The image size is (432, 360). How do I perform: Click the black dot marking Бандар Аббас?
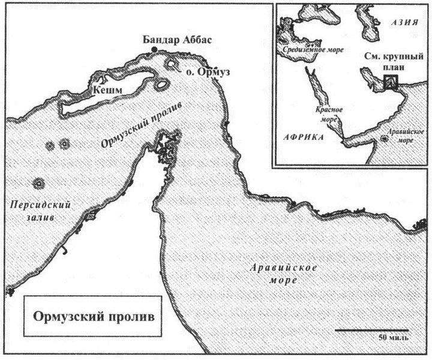point(154,49)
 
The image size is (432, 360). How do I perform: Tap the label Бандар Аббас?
point(178,38)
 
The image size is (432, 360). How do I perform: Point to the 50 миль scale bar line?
point(372,329)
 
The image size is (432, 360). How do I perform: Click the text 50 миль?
point(393,338)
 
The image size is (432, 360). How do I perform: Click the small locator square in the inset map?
point(391,83)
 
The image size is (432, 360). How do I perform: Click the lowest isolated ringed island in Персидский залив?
point(39,182)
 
